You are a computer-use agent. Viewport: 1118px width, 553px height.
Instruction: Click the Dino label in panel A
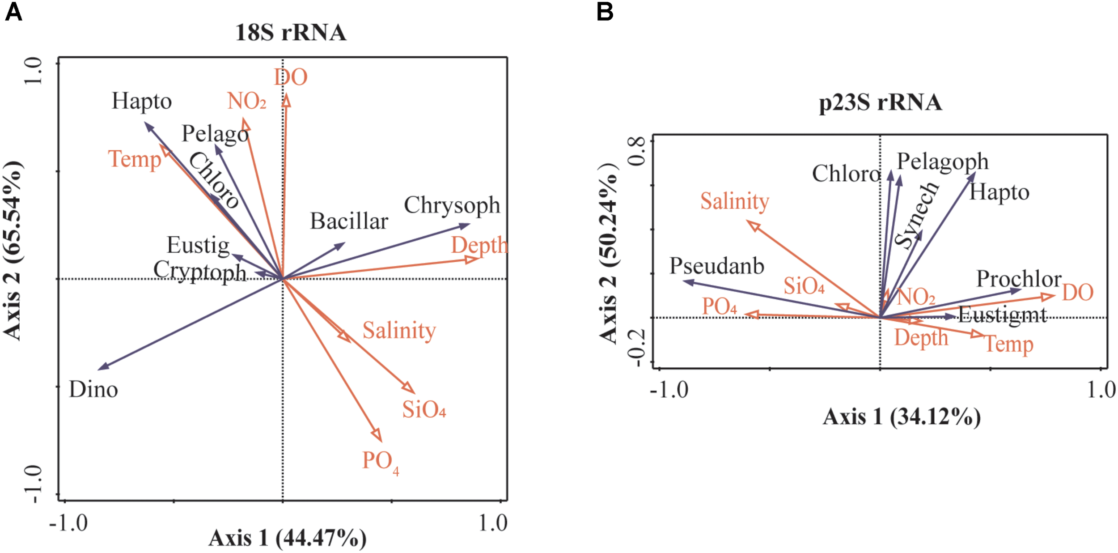(x=93, y=390)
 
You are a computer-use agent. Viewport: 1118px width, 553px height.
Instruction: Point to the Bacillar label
(x=349, y=221)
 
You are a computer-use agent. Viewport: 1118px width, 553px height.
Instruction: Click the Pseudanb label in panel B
(x=716, y=266)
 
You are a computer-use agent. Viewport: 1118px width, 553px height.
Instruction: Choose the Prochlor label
(x=1018, y=279)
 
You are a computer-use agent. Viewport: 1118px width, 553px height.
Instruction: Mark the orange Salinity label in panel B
(x=734, y=202)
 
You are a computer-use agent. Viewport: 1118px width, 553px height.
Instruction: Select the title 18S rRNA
(x=291, y=33)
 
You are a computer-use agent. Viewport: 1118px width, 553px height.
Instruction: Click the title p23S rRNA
(x=880, y=102)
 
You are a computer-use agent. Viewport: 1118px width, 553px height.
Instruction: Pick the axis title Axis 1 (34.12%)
(x=902, y=417)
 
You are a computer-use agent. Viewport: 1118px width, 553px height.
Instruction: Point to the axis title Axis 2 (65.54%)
(x=13, y=251)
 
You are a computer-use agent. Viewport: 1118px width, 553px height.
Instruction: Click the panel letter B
(x=605, y=12)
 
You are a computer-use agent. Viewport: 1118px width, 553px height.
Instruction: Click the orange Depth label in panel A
(x=479, y=246)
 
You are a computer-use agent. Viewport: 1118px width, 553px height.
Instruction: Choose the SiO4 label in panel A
(x=423, y=409)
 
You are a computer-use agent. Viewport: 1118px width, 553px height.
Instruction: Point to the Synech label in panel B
(x=917, y=215)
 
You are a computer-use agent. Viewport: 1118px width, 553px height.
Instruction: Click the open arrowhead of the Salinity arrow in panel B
(x=753, y=225)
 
